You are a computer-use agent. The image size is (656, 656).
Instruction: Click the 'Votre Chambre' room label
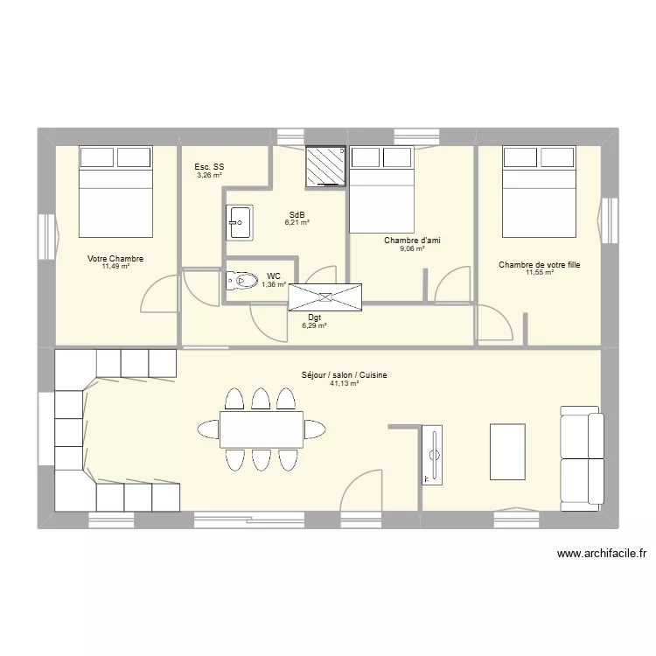pyautogui.click(x=115, y=259)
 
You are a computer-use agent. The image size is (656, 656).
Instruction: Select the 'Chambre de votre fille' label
pyautogui.click(x=540, y=264)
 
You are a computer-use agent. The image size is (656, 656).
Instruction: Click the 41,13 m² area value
pyautogui.click(x=345, y=384)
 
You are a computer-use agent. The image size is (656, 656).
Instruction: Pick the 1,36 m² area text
pyautogui.click(x=274, y=284)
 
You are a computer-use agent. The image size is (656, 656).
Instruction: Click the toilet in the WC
pyautogui.click(x=239, y=281)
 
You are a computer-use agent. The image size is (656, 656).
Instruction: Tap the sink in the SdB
pyautogui.click(x=239, y=222)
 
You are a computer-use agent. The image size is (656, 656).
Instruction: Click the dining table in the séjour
pyautogui.click(x=261, y=429)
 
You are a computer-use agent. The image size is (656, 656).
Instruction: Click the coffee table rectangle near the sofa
pyautogui.click(x=507, y=451)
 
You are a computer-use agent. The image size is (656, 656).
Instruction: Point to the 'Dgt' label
pyautogui.click(x=314, y=317)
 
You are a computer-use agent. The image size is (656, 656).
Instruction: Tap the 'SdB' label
pyautogui.click(x=297, y=214)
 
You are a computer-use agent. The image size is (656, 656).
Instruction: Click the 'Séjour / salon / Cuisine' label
pyautogui.click(x=345, y=375)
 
